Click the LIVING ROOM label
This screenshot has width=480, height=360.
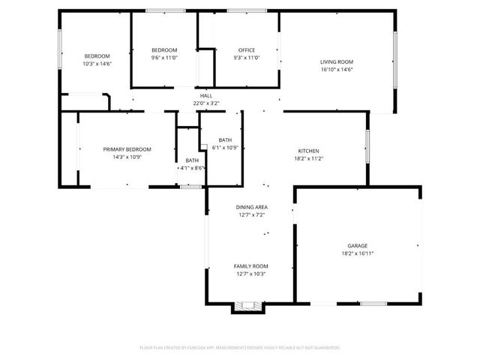click(337, 61)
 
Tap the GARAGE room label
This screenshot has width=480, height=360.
click(357, 245)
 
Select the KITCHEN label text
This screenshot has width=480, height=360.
click(308, 150)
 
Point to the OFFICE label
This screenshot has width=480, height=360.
click(247, 50)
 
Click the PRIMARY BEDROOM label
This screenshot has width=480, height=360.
click(127, 149)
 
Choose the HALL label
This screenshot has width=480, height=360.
click(206, 95)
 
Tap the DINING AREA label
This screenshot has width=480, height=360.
click(251, 207)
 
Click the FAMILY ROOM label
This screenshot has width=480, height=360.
click(251, 266)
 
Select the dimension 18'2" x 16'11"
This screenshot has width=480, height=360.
click(357, 253)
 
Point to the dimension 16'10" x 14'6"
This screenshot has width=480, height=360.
click(337, 70)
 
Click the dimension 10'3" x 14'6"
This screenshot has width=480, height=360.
click(97, 64)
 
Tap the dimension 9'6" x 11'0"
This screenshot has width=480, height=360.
click(164, 58)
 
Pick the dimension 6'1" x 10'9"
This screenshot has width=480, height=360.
click(225, 148)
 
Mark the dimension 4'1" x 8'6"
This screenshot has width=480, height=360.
click(192, 168)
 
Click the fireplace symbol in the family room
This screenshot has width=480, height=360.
click(248, 306)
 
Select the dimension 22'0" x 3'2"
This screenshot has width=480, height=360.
click(206, 103)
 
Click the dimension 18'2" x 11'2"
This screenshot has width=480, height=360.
click(308, 158)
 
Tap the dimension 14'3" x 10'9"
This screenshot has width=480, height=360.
click(127, 157)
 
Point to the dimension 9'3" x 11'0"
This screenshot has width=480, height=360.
click(247, 58)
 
